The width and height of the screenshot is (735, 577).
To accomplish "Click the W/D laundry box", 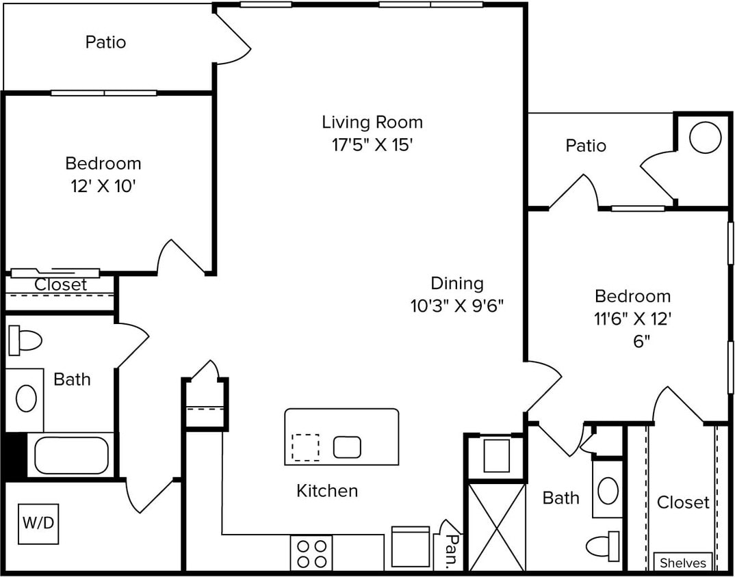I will [38, 524].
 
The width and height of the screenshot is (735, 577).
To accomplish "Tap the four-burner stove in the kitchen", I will [311, 553].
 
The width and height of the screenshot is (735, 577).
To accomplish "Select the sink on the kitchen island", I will [347, 447].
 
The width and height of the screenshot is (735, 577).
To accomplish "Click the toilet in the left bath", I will [25, 340].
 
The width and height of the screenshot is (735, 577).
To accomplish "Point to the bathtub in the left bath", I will [71, 455].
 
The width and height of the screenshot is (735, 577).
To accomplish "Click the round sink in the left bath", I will [26, 398].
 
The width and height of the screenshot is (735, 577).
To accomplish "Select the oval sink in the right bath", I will [608, 490].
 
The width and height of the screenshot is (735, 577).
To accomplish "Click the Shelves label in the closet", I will [682, 563].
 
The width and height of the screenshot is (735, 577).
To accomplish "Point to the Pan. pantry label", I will [451, 552].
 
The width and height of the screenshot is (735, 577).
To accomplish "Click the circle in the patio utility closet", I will [705, 139].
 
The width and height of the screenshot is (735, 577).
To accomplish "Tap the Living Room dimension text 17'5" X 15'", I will [372, 145].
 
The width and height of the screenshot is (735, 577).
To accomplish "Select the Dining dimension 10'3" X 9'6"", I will [456, 306].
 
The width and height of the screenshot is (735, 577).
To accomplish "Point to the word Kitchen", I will [326, 490].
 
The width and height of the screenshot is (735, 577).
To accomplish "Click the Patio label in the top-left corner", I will [105, 42].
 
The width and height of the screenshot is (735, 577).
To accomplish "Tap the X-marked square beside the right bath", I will [496, 526].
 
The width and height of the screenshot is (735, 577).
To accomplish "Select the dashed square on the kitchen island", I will [305, 448].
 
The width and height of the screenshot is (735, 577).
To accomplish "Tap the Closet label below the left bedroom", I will [61, 284].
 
